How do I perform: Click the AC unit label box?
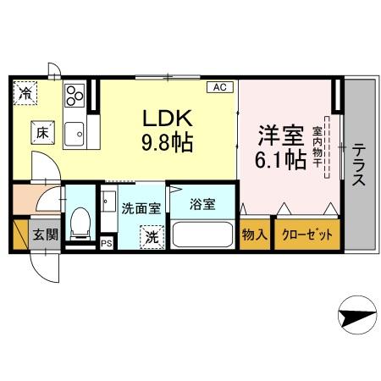pyautogui.click(x=220, y=87)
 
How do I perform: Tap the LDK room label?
pyautogui.click(x=168, y=118)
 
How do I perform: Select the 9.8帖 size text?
pyautogui.click(x=167, y=142)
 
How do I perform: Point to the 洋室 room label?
pyautogui.click(x=281, y=135)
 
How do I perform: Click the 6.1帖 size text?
pyautogui.click(x=281, y=159)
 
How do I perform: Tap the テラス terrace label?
pyautogui.click(x=359, y=164)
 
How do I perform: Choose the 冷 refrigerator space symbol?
pyautogui.click(x=25, y=93)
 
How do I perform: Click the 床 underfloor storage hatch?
pyautogui.click(x=42, y=133)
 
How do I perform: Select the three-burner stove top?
pyautogui.click(x=75, y=96)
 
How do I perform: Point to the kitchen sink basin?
pyautogui.click(x=74, y=134)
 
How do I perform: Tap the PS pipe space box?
pyautogui.click(x=107, y=243)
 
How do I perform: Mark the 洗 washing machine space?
pyautogui.click(x=152, y=237)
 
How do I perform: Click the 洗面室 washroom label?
pyautogui.click(x=141, y=208)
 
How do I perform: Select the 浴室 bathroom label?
pyautogui.click(x=202, y=204)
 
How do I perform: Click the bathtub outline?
pyautogui.click(x=202, y=235)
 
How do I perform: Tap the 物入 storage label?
pyautogui.click(x=255, y=235)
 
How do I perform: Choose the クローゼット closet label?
pyautogui.click(x=307, y=235)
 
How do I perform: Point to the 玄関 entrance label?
pyautogui.click(x=45, y=235)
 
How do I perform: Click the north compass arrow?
pyautogui.click(x=357, y=315)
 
